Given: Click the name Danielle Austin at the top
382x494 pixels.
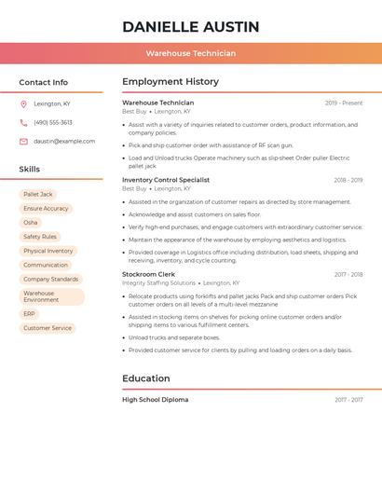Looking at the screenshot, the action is (190, 26).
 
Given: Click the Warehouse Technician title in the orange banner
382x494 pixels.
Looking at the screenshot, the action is (190, 53).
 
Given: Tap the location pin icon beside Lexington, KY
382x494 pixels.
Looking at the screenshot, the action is (23, 103).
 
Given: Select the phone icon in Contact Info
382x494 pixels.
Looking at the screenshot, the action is (23, 122).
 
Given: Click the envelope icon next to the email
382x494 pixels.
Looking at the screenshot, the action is (23, 142).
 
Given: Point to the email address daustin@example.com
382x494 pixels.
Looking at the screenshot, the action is (64, 142).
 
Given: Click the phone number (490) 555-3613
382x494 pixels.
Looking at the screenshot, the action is (53, 122).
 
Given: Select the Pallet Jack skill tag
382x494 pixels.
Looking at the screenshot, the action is (38, 195).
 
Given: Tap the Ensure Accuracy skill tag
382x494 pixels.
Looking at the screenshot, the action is (47, 209).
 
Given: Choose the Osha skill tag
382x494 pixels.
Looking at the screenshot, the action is (31, 223).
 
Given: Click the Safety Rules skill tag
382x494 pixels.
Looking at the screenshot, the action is (40, 237).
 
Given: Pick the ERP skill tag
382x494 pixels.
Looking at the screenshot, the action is (30, 314).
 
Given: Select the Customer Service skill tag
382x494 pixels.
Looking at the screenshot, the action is (48, 328).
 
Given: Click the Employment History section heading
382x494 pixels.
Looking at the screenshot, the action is (171, 82).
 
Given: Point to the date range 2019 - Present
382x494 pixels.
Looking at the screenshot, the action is (344, 103).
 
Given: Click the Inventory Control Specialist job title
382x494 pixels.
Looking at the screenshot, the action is (166, 180).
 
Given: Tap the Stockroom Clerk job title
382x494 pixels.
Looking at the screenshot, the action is (148, 275).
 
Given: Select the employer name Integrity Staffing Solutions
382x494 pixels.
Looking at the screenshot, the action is (158, 282).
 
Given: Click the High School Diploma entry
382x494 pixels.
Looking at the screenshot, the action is (155, 400).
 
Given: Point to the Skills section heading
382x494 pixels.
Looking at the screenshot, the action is (30, 170).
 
